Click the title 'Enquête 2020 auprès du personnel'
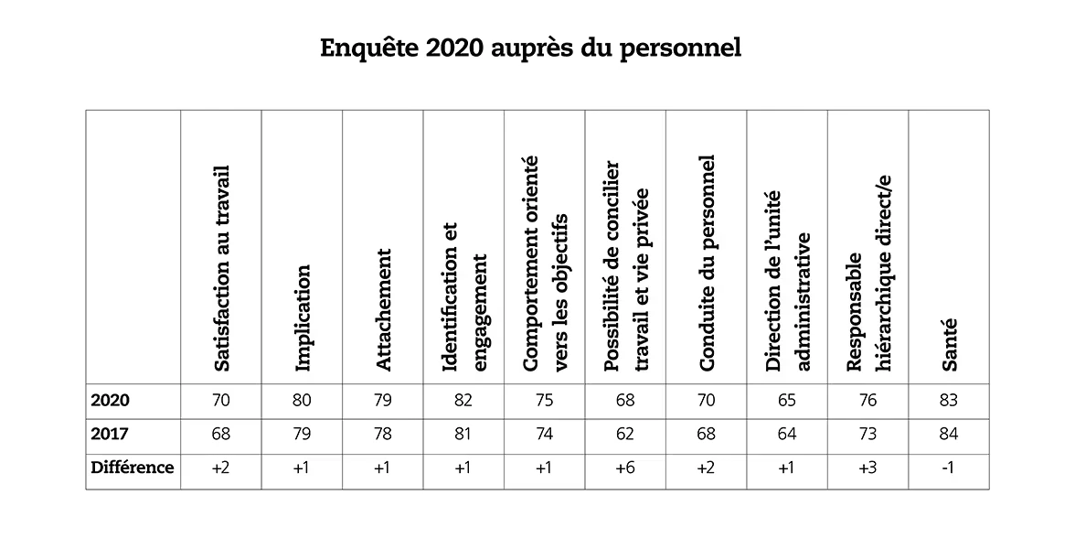tap(530, 48)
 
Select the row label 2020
tap(111, 401)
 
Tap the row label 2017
tap(111, 434)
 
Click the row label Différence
tap(133, 468)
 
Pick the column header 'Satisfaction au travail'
tap(220, 269)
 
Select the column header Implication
tap(303, 317)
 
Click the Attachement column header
tap(384, 309)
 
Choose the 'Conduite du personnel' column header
tap(707, 264)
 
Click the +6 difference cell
tap(625, 468)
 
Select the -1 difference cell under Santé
tap(949, 468)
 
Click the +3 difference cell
tap(867, 468)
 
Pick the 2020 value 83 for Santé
tap(949, 401)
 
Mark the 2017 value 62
tap(625, 435)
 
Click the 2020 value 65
tap(787, 401)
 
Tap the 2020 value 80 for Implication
tap(302, 401)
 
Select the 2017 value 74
tap(545, 435)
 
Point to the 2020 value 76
tap(867, 401)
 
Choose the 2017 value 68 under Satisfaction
tap(220, 435)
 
